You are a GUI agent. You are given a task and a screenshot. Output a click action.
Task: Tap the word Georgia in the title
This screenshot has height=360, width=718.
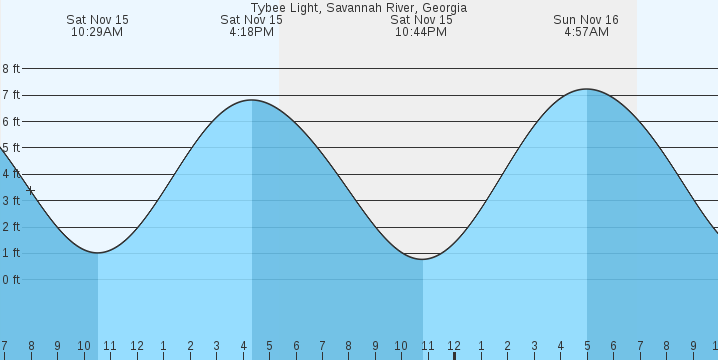444,7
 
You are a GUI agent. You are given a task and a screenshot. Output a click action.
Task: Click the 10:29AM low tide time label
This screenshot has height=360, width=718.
97,32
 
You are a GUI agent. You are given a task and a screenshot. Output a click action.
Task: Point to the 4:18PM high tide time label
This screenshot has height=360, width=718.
251,32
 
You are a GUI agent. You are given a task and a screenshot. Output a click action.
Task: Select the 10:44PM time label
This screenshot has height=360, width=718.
421,32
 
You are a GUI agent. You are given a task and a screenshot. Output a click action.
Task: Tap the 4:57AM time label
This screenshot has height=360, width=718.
586,32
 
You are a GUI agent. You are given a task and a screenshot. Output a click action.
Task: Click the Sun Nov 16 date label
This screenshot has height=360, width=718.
586,19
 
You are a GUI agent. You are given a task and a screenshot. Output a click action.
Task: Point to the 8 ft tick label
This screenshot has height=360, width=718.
11,69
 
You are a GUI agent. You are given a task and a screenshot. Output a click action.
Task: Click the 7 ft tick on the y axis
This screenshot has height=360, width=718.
11,95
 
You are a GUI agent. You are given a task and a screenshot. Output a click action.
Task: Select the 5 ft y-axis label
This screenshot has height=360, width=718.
11,148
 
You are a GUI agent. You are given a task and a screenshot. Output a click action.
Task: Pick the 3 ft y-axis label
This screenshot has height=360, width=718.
11,200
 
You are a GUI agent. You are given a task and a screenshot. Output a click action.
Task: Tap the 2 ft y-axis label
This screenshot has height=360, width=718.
11,227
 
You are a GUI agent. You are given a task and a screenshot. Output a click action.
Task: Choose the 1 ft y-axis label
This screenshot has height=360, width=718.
11,253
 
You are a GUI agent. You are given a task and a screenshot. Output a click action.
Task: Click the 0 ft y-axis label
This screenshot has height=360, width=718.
11,279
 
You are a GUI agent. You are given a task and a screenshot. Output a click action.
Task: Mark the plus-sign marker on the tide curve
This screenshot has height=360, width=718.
31,190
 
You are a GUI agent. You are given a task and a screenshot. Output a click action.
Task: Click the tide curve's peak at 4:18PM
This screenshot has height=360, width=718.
251,100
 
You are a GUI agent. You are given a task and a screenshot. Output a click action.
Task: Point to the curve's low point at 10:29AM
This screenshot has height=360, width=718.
97,252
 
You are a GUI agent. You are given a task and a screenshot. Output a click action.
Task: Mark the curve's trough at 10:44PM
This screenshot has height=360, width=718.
422,259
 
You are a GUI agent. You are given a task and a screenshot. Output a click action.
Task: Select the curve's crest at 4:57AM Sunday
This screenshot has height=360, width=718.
587,89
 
